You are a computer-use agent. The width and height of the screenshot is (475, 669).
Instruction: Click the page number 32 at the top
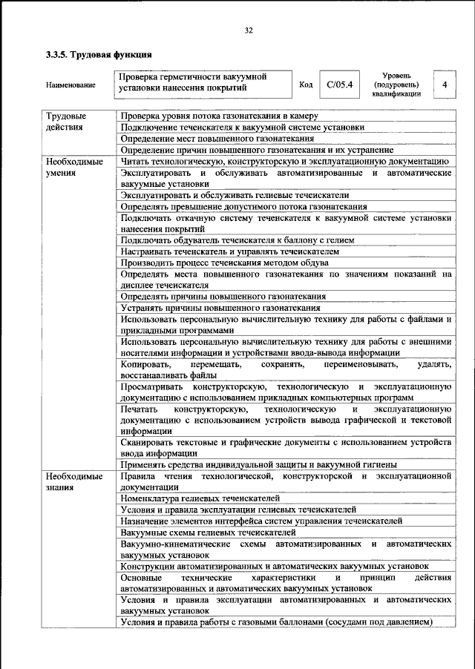(x=249, y=30)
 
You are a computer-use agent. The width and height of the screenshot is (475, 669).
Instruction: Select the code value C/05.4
(x=339, y=85)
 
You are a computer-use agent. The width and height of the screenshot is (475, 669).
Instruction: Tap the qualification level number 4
(x=444, y=85)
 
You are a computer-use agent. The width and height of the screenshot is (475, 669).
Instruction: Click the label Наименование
(x=71, y=85)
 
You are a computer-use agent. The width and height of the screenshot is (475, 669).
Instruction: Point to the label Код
(x=305, y=85)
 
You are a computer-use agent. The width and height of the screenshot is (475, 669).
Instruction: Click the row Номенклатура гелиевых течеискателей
(x=200, y=498)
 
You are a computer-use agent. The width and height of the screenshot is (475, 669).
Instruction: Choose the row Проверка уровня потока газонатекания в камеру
(x=219, y=116)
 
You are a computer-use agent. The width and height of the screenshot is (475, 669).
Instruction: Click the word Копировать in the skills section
(x=146, y=365)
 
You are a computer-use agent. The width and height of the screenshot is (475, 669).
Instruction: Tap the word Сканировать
(x=149, y=443)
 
